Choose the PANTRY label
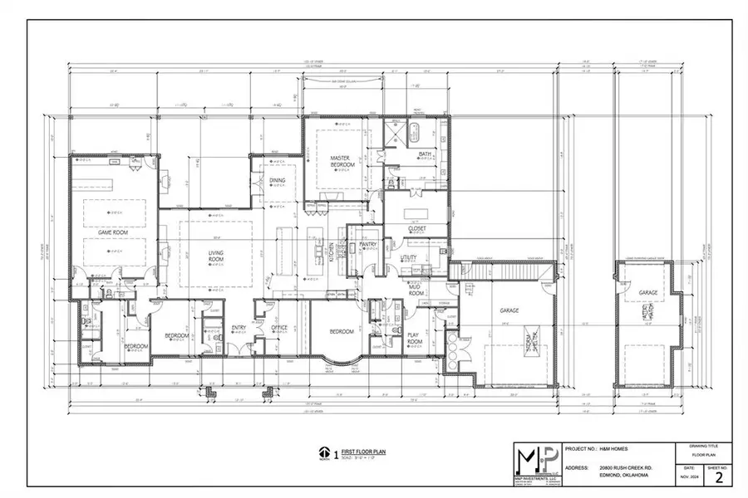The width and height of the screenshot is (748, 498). (x=370, y=244)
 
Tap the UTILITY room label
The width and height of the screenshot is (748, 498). (x=408, y=258)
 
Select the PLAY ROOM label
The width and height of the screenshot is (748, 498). (x=416, y=338)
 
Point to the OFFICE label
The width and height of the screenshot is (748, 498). (x=279, y=328)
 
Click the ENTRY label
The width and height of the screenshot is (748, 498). (x=239, y=328)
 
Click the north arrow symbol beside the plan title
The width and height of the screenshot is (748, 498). (x=322, y=453)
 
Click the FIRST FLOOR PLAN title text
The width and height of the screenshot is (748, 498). (x=366, y=452)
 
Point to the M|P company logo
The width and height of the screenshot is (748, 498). (x=534, y=460)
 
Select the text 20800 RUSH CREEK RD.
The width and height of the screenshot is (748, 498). (x=626, y=468)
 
